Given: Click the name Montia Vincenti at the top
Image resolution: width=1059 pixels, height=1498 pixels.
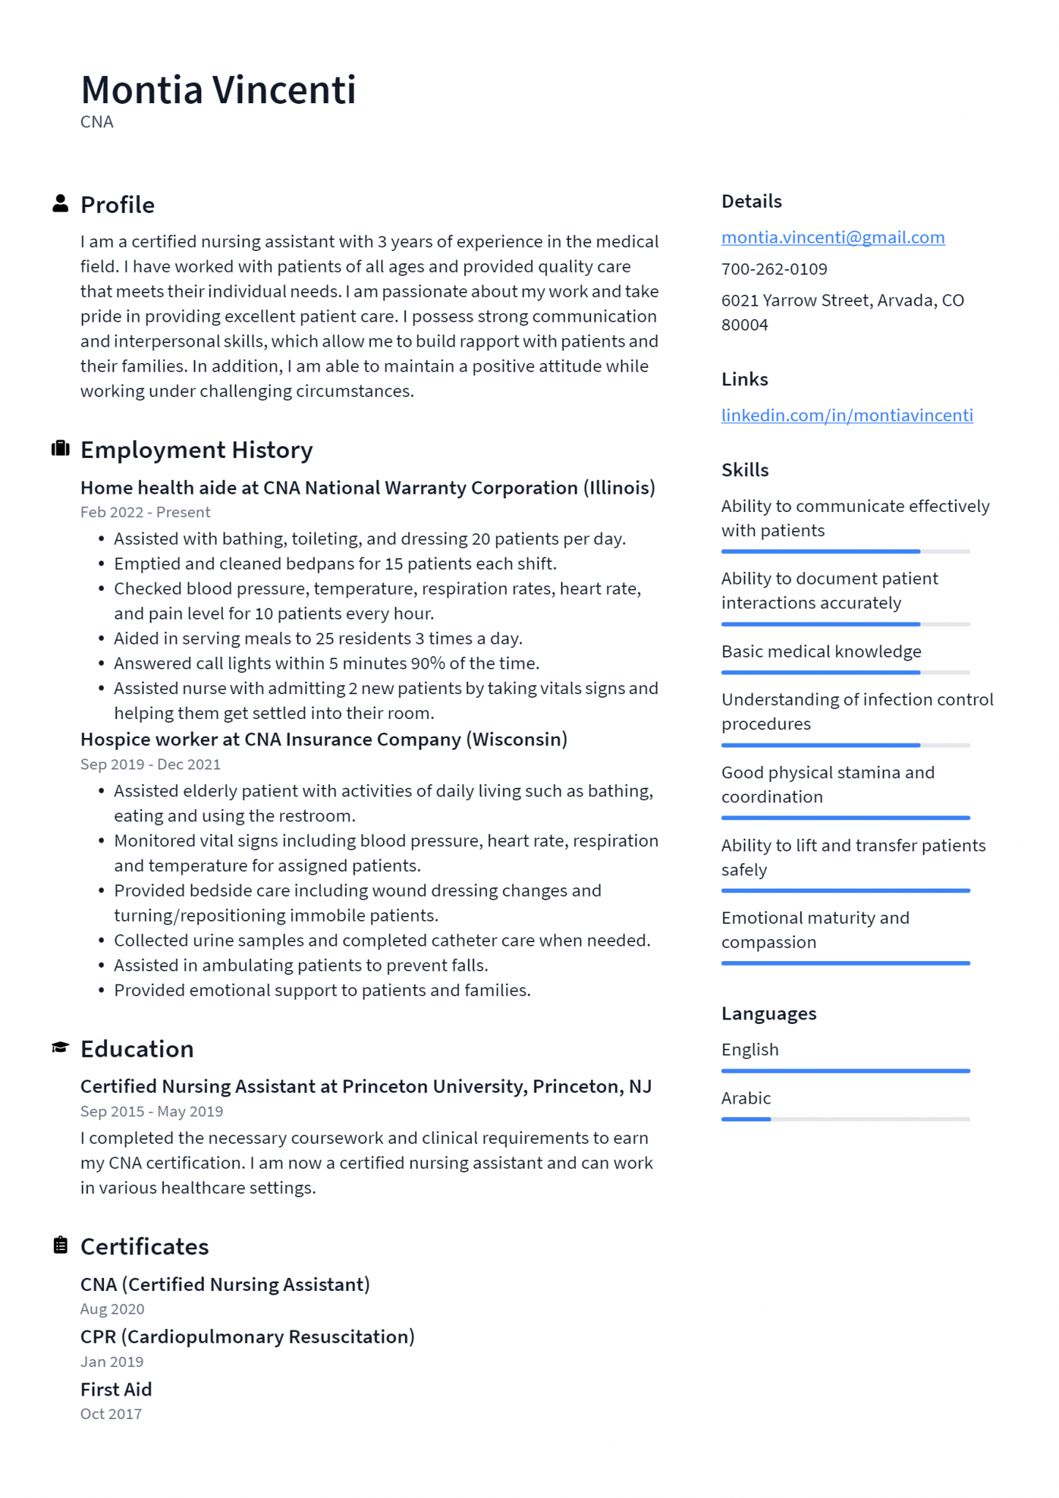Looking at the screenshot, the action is pyautogui.click(x=218, y=90).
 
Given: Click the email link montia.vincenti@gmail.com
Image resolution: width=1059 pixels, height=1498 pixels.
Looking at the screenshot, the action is pyautogui.click(x=832, y=238).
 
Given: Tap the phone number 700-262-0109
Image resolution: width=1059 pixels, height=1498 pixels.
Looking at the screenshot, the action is pyautogui.click(x=774, y=269).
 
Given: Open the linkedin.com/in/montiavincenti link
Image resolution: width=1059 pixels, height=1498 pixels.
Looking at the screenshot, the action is pyautogui.click(x=846, y=415).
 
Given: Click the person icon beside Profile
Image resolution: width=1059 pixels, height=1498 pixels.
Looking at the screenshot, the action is pyautogui.click(x=61, y=204).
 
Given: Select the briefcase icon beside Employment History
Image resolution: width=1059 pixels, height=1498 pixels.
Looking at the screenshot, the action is pyautogui.click(x=61, y=448).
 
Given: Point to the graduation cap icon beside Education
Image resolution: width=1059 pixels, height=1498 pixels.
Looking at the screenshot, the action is pyautogui.click(x=61, y=1047).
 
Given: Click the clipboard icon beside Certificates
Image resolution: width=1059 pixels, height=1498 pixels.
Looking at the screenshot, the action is pyautogui.click(x=61, y=1245).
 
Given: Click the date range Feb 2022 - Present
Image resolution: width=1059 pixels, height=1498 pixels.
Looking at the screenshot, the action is pyautogui.click(x=145, y=512).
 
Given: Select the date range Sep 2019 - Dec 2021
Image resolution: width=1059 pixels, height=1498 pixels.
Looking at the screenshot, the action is pyautogui.click(x=150, y=764).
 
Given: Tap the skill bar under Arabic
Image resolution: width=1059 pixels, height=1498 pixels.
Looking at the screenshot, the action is pyautogui.click(x=845, y=1119).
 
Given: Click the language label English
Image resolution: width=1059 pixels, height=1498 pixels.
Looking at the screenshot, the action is pyautogui.click(x=750, y=1050).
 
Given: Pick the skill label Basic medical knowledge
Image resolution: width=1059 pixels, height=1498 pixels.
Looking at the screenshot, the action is pyautogui.click(x=821, y=652).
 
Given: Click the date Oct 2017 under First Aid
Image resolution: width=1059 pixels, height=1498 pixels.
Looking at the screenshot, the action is pyautogui.click(x=111, y=1414).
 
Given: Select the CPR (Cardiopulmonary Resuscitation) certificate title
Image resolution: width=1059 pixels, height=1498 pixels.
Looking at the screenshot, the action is pyautogui.click(x=247, y=1336).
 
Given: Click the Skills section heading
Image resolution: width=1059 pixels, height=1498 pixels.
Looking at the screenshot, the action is pyautogui.click(x=745, y=470).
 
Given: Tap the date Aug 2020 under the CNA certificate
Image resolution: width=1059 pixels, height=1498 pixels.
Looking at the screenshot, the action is pyautogui.click(x=112, y=1309).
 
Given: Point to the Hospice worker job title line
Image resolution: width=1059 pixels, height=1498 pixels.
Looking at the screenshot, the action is pyautogui.click(x=323, y=739).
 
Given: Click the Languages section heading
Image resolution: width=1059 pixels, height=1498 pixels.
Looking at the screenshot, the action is pyautogui.click(x=768, y=1014).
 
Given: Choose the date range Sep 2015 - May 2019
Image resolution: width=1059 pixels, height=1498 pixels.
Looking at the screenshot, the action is pyautogui.click(x=151, y=1111).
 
